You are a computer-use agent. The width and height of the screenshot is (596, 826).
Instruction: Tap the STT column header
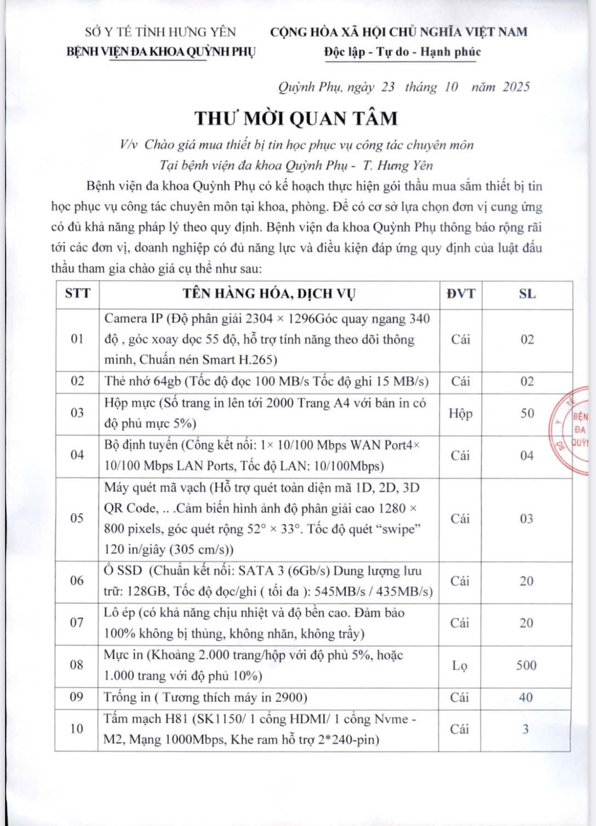pos(77,293)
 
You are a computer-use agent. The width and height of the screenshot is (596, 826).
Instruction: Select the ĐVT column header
pos(460,293)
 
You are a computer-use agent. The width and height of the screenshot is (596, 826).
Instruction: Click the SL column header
pos(527,293)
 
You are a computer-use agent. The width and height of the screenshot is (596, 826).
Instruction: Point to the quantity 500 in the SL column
pos(526,665)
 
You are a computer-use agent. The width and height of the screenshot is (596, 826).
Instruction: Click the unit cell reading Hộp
pos(460,413)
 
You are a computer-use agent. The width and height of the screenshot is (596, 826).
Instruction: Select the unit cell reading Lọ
pos(460,665)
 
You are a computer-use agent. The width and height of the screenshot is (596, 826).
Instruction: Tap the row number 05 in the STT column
pos(77,518)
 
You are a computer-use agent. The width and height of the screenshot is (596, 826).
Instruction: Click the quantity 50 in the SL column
pos(527,413)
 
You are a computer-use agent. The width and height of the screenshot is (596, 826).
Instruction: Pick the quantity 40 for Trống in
pos(525,697)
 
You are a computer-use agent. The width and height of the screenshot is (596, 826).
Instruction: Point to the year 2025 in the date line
pos(516,87)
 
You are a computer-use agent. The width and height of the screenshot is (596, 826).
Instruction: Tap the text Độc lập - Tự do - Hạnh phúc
pos(402,52)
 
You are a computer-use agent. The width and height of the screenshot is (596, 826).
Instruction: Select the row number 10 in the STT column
pos(77,728)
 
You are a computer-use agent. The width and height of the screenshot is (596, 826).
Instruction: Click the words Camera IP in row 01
pos(134,318)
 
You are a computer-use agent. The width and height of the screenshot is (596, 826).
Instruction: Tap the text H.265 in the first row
pos(259,360)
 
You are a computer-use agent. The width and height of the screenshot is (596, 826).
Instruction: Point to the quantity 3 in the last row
pos(525,729)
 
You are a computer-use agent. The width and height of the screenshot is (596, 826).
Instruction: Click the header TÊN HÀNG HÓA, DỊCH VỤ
pos(269,293)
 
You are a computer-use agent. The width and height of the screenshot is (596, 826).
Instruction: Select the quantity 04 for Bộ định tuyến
pos(526,455)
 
